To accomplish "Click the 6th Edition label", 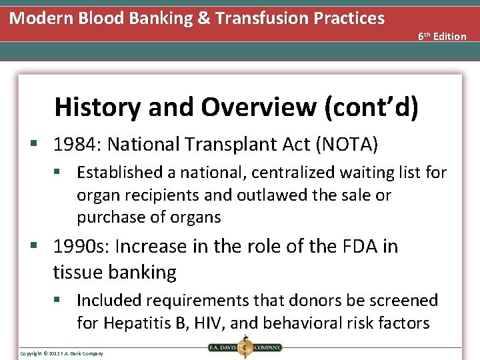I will coord(442,36).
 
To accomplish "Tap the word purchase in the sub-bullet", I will coord(107,217).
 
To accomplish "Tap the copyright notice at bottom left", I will coord(61,353).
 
